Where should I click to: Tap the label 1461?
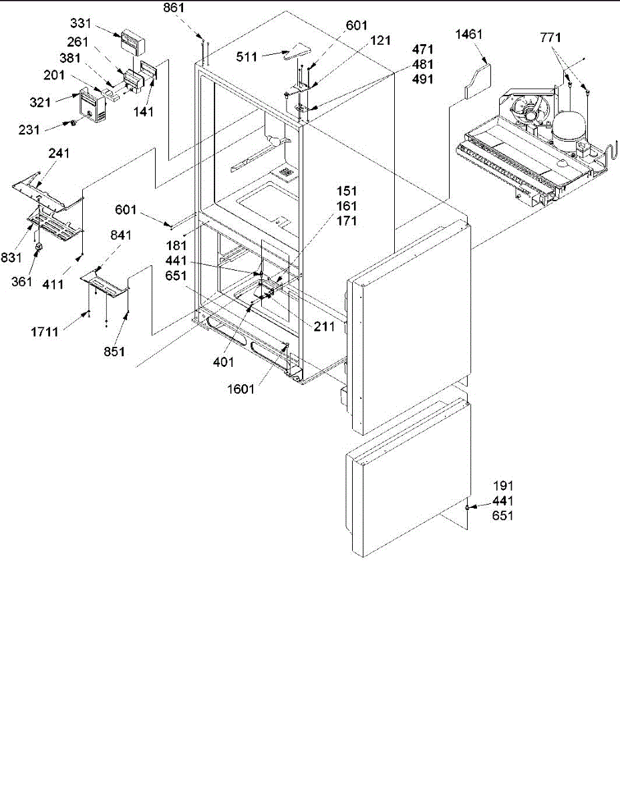tap(468, 35)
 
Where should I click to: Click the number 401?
tap(224, 362)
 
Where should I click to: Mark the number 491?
tap(423, 79)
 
